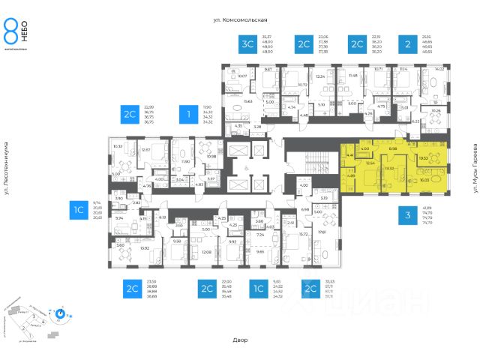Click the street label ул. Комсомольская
click(x=240, y=20)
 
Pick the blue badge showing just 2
click(x=406, y=44)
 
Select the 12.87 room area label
click(x=146, y=149)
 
